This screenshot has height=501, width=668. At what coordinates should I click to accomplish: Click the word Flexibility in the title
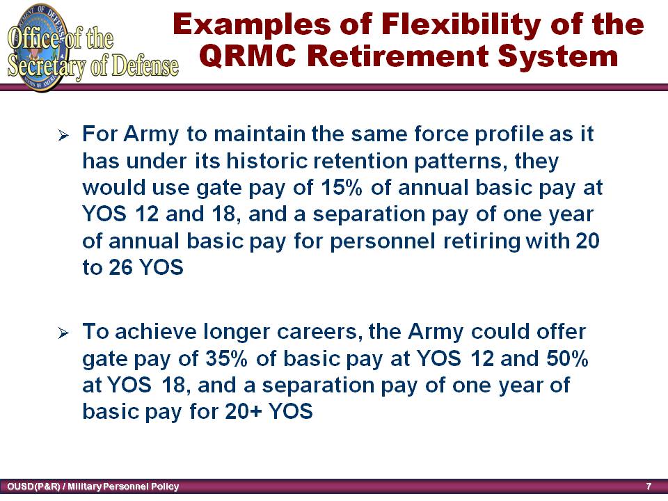click(x=461, y=26)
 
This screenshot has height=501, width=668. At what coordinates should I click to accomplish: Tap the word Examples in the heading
click(x=252, y=26)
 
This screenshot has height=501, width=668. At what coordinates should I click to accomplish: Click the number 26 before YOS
click(x=121, y=267)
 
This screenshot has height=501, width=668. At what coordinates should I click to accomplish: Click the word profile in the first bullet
click(x=509, y=134)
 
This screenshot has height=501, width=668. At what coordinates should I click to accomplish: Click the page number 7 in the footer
click(x=649, y=486)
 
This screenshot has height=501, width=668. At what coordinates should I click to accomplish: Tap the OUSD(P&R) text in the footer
click(x=33, y=486)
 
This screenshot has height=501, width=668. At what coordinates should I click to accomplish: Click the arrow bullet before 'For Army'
click(x=63, y=136)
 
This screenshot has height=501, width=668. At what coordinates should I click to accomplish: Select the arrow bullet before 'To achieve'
click(x=63, y=333)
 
